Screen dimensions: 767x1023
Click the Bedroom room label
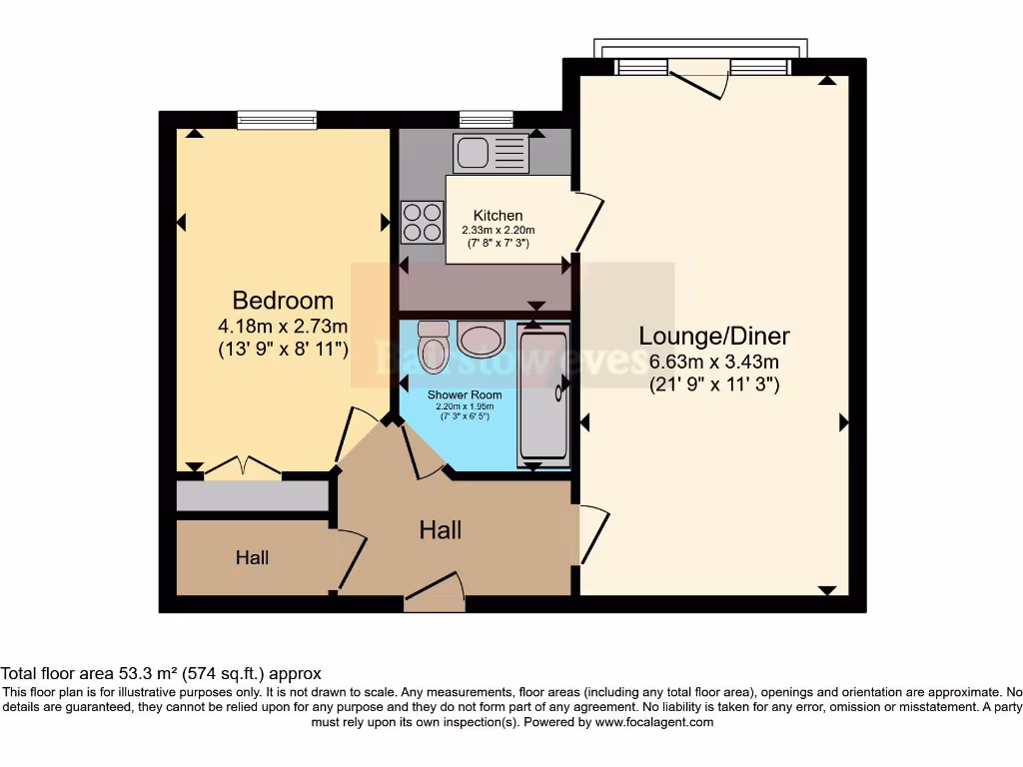(x=283, y=300)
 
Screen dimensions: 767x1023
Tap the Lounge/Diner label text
(x=719, y=336)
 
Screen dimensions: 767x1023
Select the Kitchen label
(x=498, y=216)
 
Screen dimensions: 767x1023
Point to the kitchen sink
(x=491, y=153)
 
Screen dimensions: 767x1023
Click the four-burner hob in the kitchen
(x=422, y=222)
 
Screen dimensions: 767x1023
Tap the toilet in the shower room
(x=434, y=346)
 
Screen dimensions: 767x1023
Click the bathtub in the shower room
(x=542, y=394)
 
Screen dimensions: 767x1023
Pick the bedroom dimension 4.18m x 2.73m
(x=283, y=326)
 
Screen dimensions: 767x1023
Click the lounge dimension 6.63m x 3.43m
(x=713, y=361)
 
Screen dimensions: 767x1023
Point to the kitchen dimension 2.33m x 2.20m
(x=498, y=231)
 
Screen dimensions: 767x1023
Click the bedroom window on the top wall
(x=277, y=120)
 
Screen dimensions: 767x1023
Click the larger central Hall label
(x=440, y=530)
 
